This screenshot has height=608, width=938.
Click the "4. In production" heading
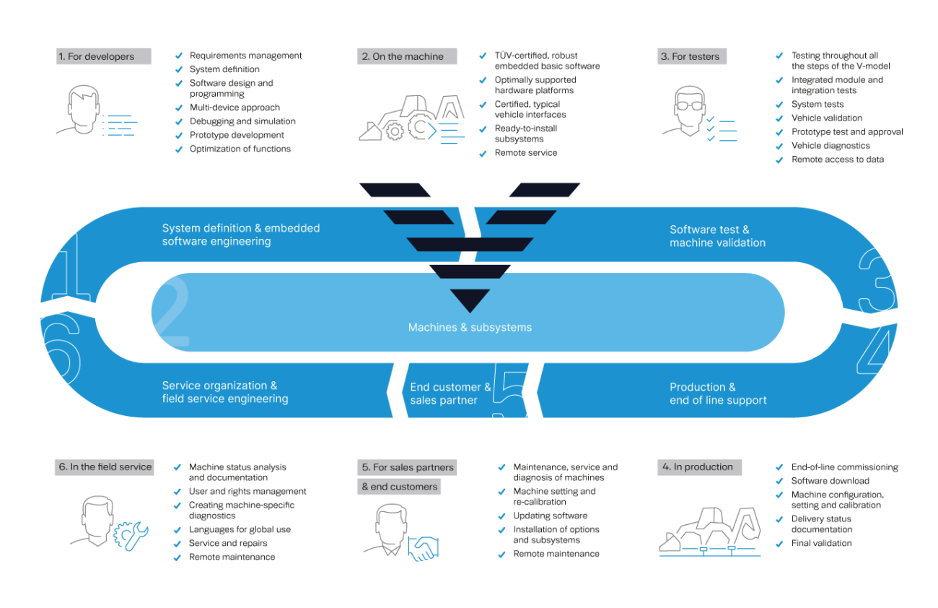click(x=698, y=467)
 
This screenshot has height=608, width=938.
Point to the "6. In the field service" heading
click(x=105, y=467)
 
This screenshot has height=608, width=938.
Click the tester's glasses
click(x=692, y=104)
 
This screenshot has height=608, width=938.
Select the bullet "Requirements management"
click(x=245, y=56)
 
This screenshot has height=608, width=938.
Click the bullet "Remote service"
click(x=525, y=153)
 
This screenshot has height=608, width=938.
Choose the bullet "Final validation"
click(x=821, y=543)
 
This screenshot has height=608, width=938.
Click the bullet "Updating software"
click(x=550, y=516)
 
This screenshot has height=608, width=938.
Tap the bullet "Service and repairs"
click(x=228, y=543)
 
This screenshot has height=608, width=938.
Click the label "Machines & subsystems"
click(x=470, y=327)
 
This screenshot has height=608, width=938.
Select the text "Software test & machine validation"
click(x=717, y=236)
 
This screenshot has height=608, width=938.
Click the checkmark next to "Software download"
click(x=779, y=482)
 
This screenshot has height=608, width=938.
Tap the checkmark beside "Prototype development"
click(x=179, y=136)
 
